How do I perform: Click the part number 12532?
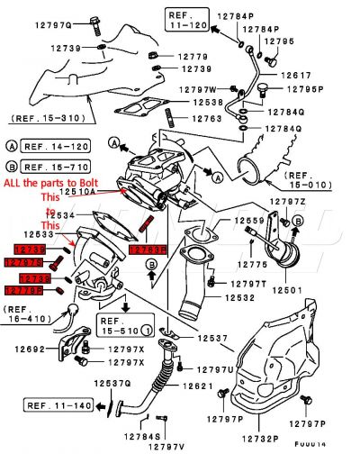coord(238,297)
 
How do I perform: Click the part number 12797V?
coord(166,447)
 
